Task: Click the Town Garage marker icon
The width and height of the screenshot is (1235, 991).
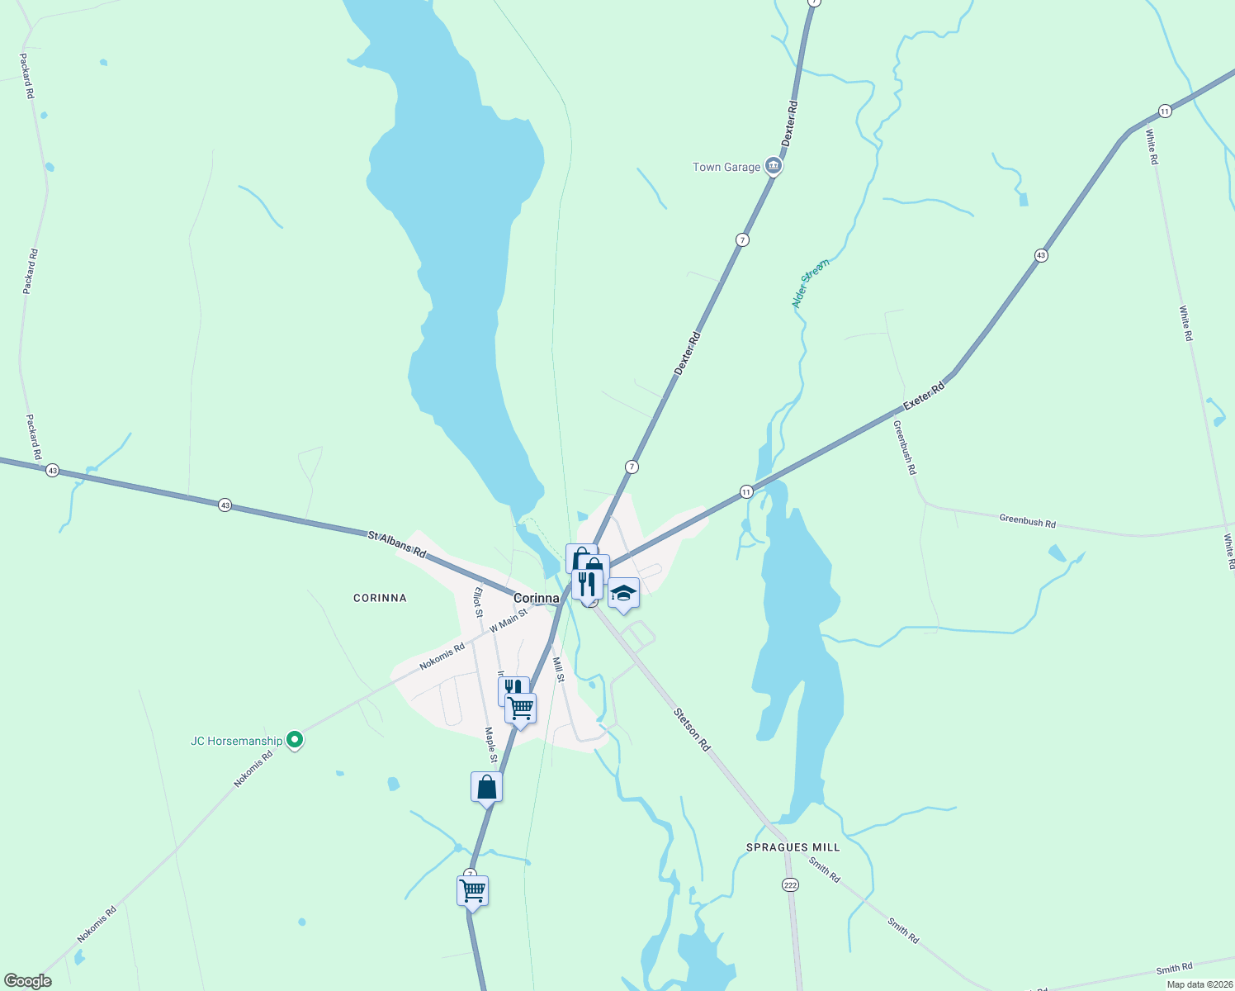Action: click(774, 167)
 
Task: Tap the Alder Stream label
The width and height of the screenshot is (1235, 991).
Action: click(810, 283)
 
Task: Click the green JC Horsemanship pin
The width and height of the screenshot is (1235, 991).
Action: click(295, 740)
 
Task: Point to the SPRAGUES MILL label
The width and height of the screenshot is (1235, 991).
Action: click(793, 847)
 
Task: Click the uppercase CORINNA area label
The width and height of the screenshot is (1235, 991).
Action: click(380, 598)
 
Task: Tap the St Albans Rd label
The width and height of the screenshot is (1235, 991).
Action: click(397, 546)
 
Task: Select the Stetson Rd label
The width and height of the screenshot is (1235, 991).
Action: click(692, 728)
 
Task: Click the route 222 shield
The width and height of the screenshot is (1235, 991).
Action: click(790, 884)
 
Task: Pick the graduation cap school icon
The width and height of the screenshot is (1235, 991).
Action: click(623, 594)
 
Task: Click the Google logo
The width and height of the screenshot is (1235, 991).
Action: click(28, 980)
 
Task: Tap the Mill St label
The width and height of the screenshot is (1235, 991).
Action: click(559, 670)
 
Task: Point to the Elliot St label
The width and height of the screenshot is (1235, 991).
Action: click(477, 602)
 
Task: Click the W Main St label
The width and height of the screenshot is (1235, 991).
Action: click(509, 621)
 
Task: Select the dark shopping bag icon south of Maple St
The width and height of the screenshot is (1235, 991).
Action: click(486, 786)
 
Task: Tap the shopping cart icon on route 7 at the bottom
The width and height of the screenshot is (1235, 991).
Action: click(472, 891)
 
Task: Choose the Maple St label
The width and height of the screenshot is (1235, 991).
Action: click(490, 745)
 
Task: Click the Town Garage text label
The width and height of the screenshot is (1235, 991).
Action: click(726, 167)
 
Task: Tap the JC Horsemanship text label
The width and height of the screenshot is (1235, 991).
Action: click(236, 741)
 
